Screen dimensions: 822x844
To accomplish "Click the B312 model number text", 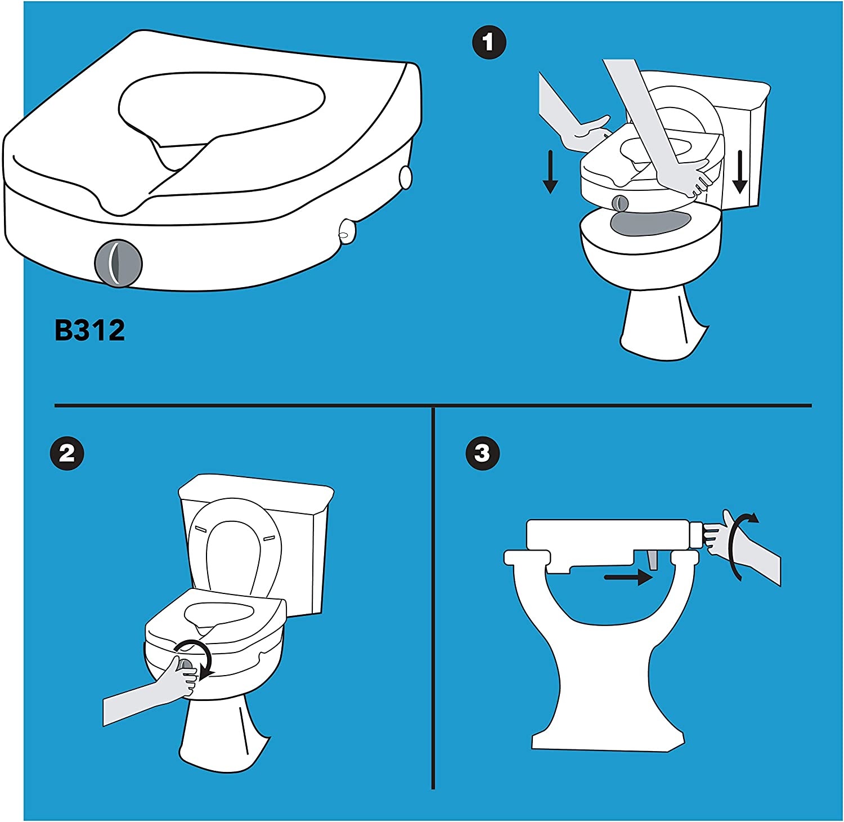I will (x=89, y=330).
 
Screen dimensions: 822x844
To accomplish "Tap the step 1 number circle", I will (x=489, y=42).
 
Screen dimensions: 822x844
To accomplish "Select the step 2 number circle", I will (x=67, y=453).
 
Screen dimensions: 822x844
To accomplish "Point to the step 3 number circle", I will (x=482, y=453).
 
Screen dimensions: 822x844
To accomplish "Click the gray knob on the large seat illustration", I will (x=118, y=263).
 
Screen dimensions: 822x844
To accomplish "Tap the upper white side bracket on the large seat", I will (x=405, y=177).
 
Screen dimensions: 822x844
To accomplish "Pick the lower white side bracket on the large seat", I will (x=347, y=231).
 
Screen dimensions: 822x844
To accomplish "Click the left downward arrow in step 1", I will (x=550, y=171).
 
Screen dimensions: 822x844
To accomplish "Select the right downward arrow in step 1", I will (x=740, y=171).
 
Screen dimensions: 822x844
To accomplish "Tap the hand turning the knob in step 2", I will (x=179, y=678).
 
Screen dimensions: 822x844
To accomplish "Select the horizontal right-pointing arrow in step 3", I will (x=627, y=577).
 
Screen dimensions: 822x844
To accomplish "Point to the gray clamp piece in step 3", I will (x=653, y=560).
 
